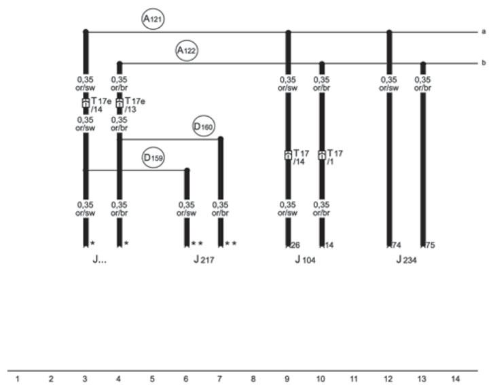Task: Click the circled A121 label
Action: (x=153, y=19)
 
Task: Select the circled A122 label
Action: (x=187, y=50)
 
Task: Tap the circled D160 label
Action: (x=203, y=126)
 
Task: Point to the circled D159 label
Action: (x=153, y=158)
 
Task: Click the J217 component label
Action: (x=204, y=259)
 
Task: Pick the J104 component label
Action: (x=305, y=259)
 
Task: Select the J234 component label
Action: (x=406, y=259)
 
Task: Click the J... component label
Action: (x=99, y=259)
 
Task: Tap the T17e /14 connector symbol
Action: (x=86, y=103)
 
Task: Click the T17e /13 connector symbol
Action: (x=119, y=103)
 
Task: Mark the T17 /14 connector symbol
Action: (x=288, y=155)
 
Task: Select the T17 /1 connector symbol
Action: (x=321, y=155)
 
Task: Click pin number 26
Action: (x=295, y=245)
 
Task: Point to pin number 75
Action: (x=430, y=245)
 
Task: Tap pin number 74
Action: (x=397, y=245)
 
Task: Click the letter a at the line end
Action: (x=484, y=31)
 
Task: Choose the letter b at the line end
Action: (x=484, y=62)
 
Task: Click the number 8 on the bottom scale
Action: (x=253, y=379)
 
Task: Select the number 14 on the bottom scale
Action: (x=455, y=379)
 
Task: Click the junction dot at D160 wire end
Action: (x=221, y=139)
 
